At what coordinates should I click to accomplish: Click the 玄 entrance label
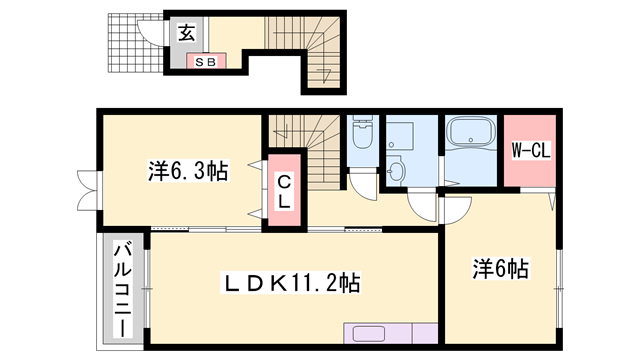tap(187, 33)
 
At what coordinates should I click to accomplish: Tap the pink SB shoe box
tap(206, 61)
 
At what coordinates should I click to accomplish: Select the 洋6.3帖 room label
tap(188, 171)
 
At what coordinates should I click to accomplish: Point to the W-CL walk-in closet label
tap(531, 151)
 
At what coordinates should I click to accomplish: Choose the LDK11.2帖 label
tap(290, 282)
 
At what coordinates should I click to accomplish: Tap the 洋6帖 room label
tap(501, 269)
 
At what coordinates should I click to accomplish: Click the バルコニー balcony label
tap(124, 290)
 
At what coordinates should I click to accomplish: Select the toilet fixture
tap(362, 132)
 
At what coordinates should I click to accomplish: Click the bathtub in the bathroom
tap(471, 132)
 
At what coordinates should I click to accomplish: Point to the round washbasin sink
tap(395, 172)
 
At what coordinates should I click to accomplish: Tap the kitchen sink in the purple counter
tap(369, 334)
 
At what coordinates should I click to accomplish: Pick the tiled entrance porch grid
tap(136, 43)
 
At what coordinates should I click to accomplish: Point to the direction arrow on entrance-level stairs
tap(325, 76)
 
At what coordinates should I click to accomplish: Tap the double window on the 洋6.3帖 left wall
tap(89, 191)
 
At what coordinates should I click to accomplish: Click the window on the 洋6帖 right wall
tap(560, 289)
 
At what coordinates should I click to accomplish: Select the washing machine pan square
tap(400, 135)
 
